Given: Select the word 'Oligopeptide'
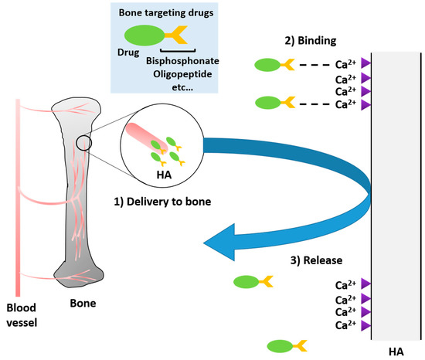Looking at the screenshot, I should click(x=183, y=75).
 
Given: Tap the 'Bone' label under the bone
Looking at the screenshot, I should click(x=81, y=304).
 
